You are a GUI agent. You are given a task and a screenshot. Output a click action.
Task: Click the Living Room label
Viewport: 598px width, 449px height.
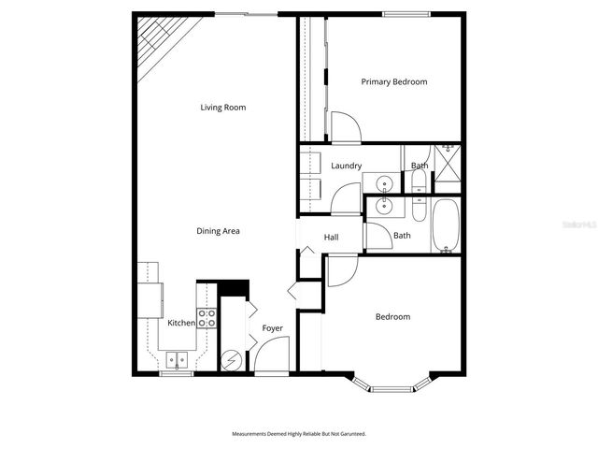click(x=223, y=108)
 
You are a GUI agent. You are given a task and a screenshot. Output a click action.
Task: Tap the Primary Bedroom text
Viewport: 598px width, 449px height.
click(x=394, y=82)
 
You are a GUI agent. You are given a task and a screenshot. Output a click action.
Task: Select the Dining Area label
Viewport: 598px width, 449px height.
click(x=218, y=231)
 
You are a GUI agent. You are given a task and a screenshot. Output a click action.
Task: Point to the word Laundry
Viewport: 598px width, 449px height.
click(x=347, y=167)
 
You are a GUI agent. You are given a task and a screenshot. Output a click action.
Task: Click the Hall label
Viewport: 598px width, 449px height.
click(x=332, y=238)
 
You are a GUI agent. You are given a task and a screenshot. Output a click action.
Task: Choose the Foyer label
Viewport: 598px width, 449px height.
click(x=272, y=328)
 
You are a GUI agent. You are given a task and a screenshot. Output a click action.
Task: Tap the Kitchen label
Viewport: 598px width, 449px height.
click(x=181, y=323)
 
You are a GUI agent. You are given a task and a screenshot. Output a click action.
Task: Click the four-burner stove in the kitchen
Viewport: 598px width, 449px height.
click(x=207, y=318)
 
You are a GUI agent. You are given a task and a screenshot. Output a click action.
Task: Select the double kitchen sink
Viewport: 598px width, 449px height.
click(x=176, y=359)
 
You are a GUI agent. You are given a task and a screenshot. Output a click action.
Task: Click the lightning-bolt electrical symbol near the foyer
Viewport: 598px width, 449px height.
click(x=232, y=360)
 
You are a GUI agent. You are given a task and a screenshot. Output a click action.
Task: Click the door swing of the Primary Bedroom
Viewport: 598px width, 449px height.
click(x=344, y=128)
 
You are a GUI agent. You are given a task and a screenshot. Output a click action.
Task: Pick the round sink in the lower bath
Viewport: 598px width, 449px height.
click(x=383, y=206)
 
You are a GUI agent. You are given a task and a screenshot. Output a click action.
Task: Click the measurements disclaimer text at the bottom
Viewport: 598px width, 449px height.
click(x=299, y=434)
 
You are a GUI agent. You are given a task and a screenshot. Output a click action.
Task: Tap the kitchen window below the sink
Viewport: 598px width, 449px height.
click(x=176, y=374)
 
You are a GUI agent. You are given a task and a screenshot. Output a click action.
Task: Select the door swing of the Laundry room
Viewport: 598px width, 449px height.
click(x=346, y=199)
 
